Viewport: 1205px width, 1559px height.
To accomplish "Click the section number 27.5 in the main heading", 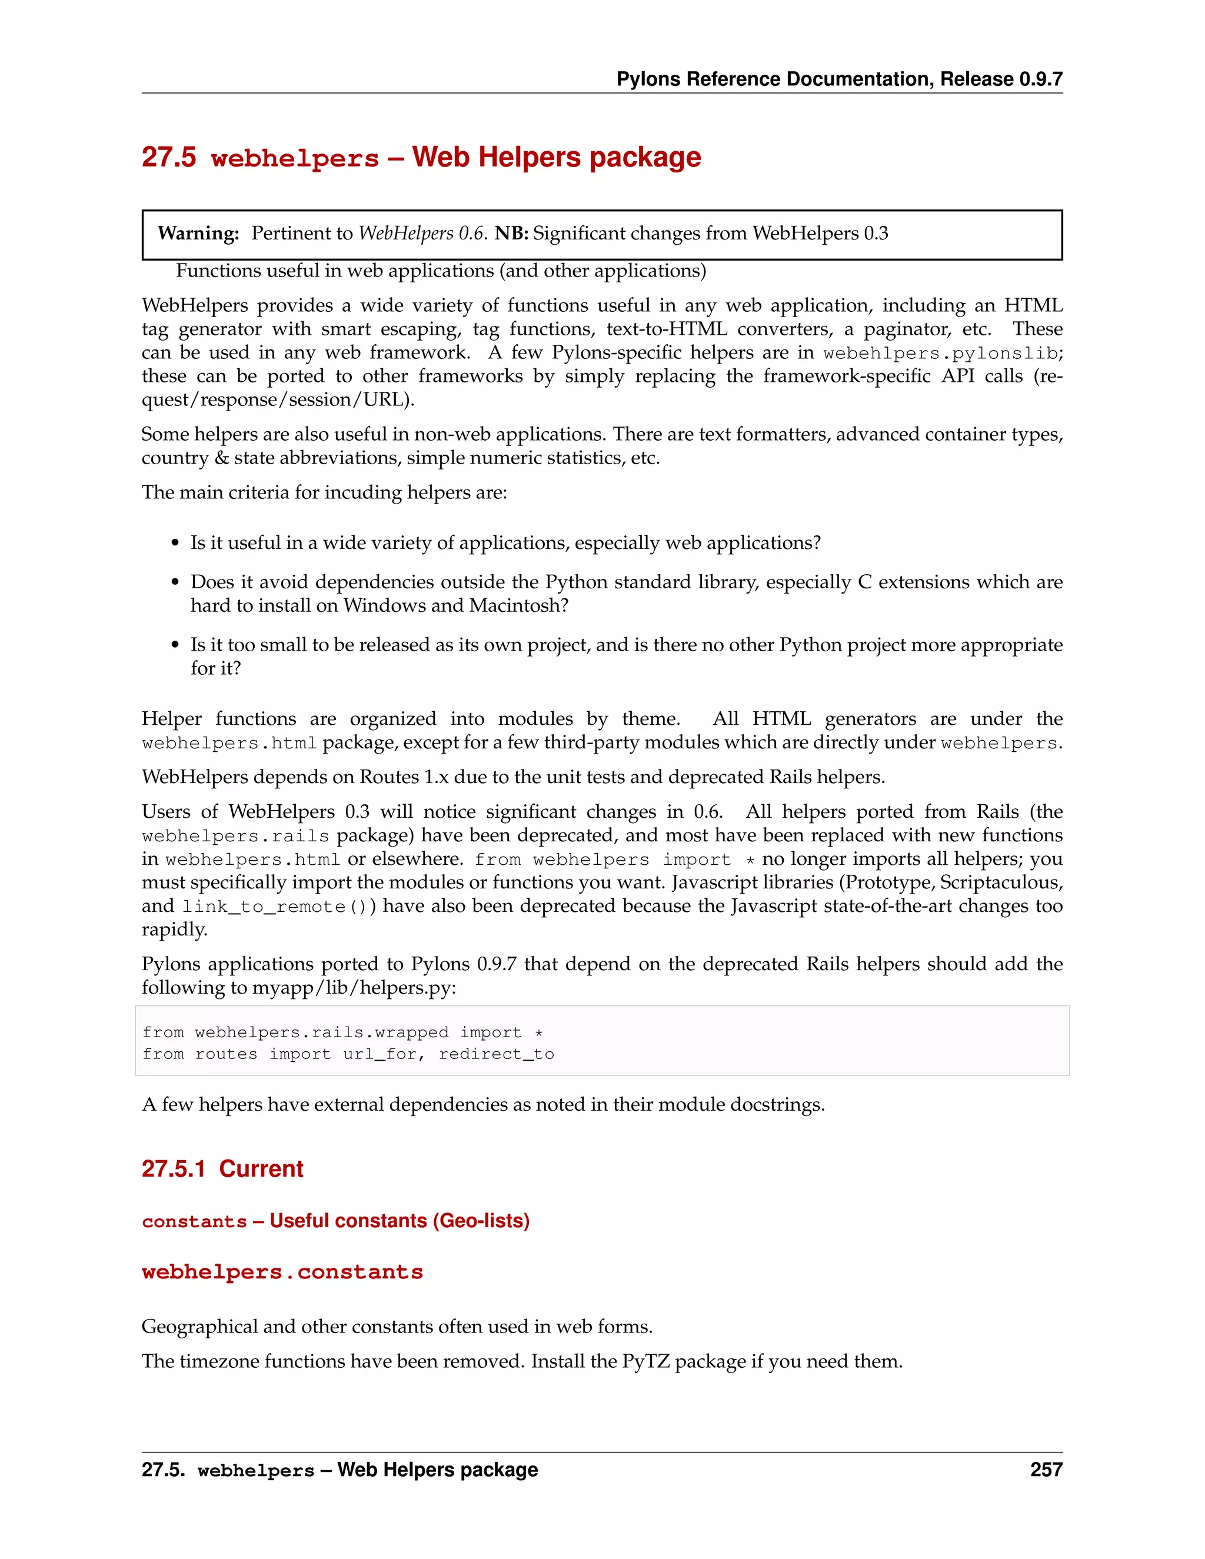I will pos(168,157).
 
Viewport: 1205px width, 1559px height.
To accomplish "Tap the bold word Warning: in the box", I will pos(198,234).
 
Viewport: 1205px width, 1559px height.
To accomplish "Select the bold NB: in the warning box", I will pos(511,234).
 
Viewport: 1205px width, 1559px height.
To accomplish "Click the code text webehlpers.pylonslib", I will pos(940,354).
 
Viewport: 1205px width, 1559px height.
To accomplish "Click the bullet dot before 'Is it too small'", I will pos(175,645).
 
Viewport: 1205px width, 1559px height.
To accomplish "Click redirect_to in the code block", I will pos(496,1054).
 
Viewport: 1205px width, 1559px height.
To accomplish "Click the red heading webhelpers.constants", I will pos(282,1272).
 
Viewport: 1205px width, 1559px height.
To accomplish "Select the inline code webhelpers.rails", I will pos(235,836).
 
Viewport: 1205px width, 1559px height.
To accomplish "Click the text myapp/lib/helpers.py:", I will pos(354,987).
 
